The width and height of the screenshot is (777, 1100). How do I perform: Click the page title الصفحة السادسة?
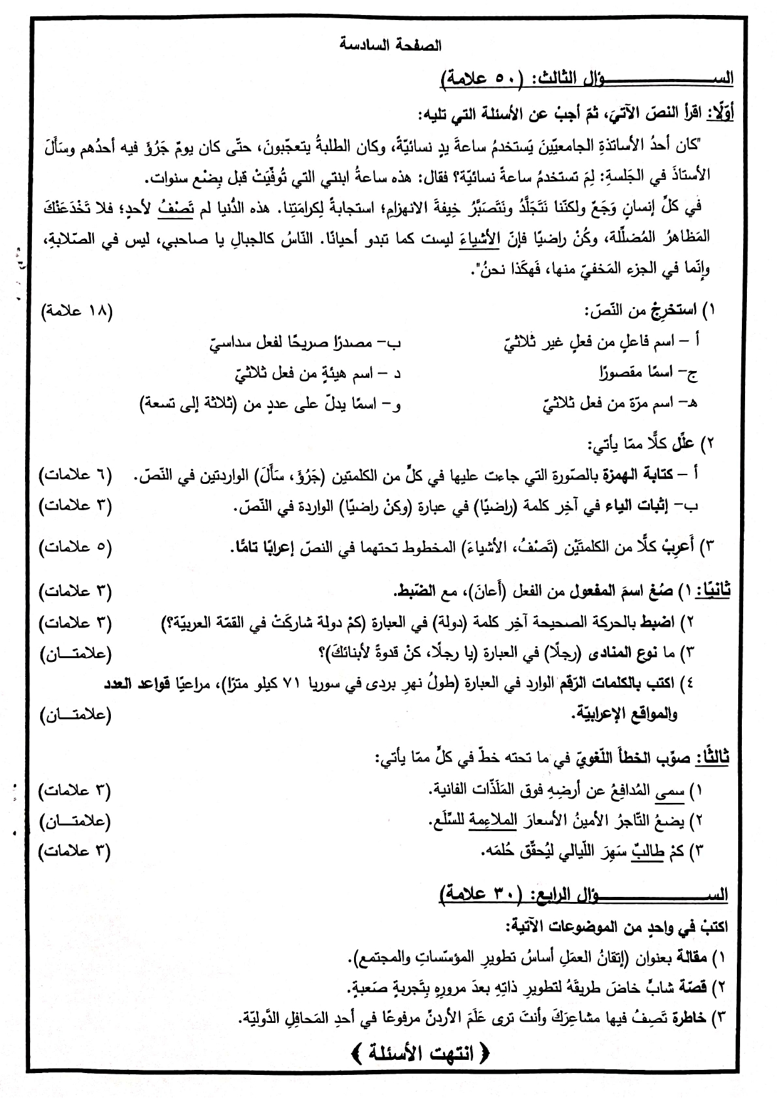coord(390,46)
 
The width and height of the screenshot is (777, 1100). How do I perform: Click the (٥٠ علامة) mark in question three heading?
coord(478,80)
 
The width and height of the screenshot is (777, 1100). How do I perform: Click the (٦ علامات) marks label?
coord(76,476)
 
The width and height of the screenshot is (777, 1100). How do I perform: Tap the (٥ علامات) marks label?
coord(76,547)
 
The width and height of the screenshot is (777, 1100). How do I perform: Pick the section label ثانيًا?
coord(715,591)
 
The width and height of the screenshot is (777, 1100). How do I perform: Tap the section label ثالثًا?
coord(712,758)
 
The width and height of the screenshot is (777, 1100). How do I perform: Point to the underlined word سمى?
coord(670,792)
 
